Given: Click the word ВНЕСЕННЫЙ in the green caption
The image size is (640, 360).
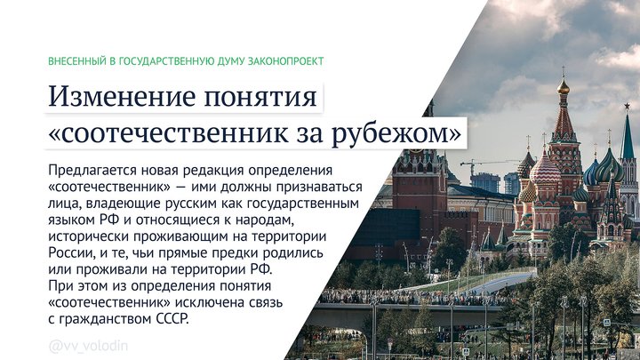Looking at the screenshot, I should coord(76,61).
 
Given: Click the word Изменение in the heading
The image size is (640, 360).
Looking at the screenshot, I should coord(118,96).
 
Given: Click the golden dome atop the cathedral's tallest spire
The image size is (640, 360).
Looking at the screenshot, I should coord(562,86).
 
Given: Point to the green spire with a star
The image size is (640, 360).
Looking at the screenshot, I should coord(628,133).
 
